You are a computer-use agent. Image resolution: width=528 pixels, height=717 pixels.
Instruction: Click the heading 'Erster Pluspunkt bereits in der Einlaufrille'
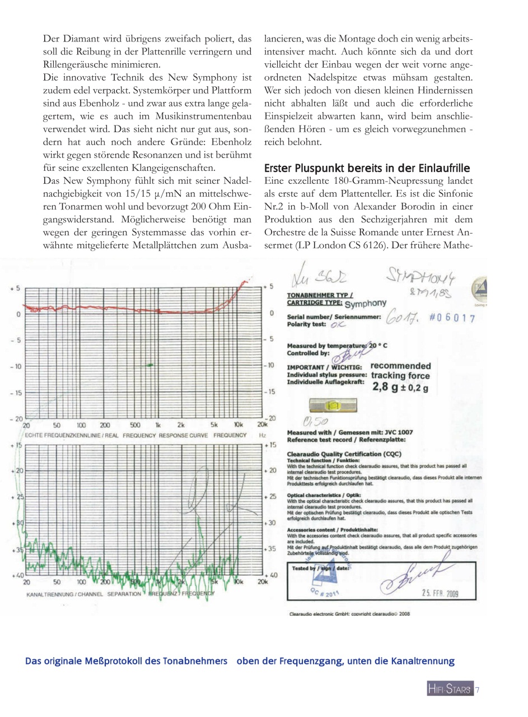[x=367, y=169]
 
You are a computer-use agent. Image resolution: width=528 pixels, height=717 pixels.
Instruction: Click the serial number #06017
[x=452, y=318]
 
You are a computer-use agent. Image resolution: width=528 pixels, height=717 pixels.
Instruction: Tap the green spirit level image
[x=333, y=404]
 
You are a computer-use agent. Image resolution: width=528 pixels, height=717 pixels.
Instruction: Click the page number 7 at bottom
[x=478, y=690]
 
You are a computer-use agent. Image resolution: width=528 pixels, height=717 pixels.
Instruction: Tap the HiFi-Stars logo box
[x=450, y=690]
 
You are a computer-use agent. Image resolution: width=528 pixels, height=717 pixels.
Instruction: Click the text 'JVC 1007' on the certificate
[x=399, y=432]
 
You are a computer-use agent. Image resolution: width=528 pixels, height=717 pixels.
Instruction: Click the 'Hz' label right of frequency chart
[x=262, y=435]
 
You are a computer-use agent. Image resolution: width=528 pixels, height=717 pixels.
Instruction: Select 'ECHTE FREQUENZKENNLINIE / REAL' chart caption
[x=72, y=435]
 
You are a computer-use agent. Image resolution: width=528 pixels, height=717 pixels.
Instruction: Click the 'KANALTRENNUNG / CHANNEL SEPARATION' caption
[x=84, y=593]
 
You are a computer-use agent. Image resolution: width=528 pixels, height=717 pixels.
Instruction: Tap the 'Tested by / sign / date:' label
[x=321, y=567]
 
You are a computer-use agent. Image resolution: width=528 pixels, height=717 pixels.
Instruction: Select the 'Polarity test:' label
[x=306, y=324]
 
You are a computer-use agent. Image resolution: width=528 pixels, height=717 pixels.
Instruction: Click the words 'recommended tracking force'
[x=400, y=370]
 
